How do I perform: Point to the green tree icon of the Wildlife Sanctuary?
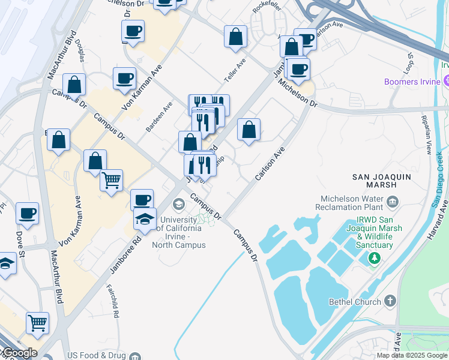[x=375, y=258]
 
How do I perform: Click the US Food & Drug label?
[x=97, y=356]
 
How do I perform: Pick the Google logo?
[x=19, y=353]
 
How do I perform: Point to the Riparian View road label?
[x=427, y=136]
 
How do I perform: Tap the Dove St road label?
[x=20, y=244]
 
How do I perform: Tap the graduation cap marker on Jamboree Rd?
[x=145, y=218]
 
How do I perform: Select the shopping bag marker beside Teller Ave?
[x=236, y=36]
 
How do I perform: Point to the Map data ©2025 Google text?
[x=411, y=355]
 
